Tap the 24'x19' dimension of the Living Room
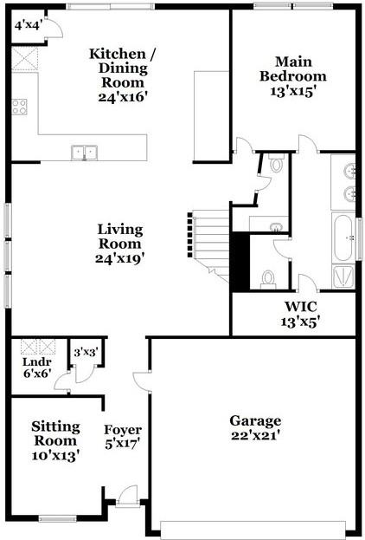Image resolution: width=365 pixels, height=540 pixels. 120,257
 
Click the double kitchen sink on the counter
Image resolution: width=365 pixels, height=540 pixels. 86,153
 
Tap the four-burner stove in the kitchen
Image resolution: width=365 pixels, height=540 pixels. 20,107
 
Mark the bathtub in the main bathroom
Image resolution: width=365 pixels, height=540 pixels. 343,236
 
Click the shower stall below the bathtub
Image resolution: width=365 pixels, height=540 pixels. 343,275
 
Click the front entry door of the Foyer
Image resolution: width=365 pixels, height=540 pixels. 127,498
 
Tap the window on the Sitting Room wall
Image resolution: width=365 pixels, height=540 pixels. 58,519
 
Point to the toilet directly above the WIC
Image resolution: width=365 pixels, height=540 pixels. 268,278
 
